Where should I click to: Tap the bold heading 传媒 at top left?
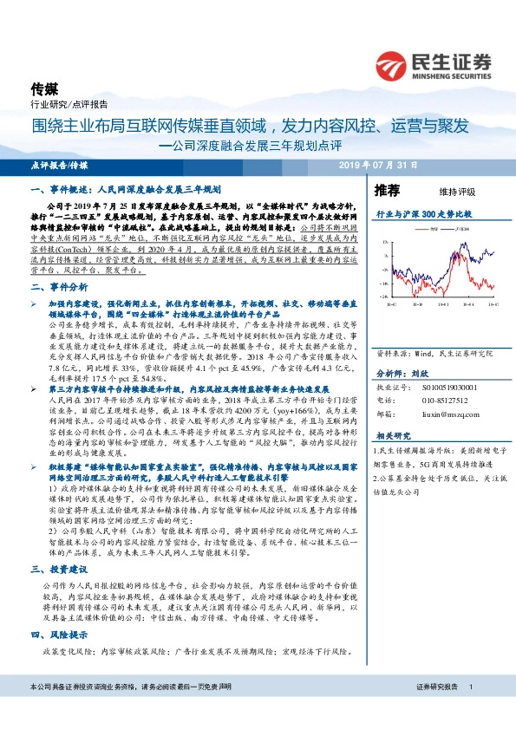click(43, 88)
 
